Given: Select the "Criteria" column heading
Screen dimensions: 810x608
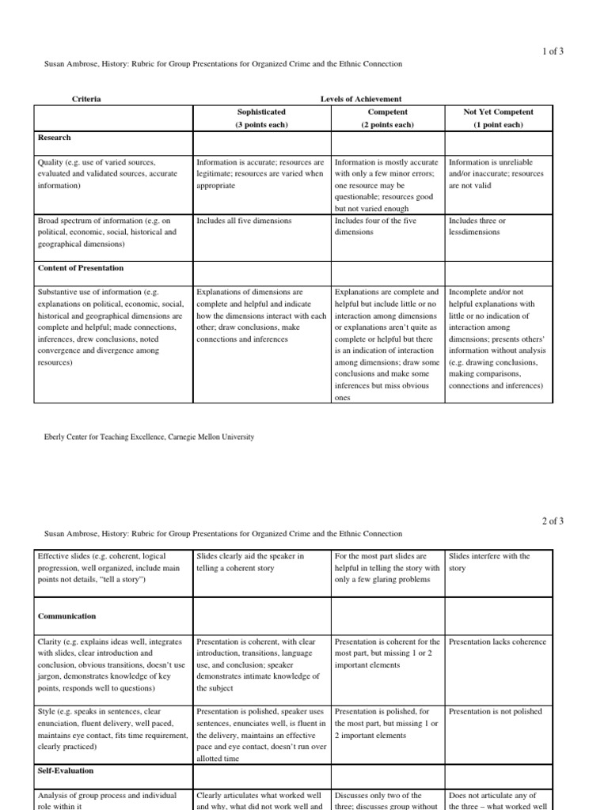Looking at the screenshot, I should [x=86, y=99].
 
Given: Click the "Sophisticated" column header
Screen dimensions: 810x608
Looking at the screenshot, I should [x=261, y=112].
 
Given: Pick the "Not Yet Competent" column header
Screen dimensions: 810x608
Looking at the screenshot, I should [x=498, y=112].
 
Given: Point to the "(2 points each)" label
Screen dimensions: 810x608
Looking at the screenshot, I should [x=388, y=125].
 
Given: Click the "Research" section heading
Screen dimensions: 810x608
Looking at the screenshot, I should [x=55, y=138].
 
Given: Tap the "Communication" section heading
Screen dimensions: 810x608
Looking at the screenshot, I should [x=67, y=616].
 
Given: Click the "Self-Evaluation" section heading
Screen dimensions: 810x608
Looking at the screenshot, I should [x=66, y=770].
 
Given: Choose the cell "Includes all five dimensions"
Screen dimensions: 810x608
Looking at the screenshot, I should [x=244, y=221].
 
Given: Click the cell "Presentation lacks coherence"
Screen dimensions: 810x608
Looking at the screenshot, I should [x=495, y=642].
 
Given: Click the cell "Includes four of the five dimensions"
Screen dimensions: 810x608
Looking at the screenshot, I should [x=375, y=226].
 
